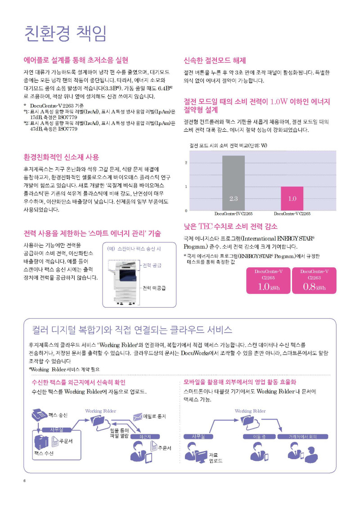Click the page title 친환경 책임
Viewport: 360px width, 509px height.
pyautogui.click(x=65, y=33)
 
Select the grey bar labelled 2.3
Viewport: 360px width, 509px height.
pyautogui.click(x=233, y=183)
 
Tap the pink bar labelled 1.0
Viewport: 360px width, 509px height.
pyautogui.click(x=292, y=198)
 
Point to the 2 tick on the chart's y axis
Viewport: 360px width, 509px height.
pyautogui.click(x=186, y=163)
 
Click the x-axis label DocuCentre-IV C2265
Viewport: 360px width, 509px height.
pyautogui.click(x=233, y=214)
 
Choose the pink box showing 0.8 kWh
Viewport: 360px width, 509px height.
pyautogui.click(x=314, y=281)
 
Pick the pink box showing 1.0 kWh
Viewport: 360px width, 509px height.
pyautogui.click(x=268, y=281)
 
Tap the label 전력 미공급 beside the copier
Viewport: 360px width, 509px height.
pyautogui.click(x=154, y=288)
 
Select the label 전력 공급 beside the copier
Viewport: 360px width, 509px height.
pyautogui.click(x=152, y=265)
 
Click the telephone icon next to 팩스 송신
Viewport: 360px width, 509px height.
pyautogui.click(x=39, y=415)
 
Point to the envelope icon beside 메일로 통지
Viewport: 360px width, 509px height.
pyautogui.click(x=137, y=416)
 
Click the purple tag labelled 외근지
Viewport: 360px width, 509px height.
pyautogui.click(x=145, y=437)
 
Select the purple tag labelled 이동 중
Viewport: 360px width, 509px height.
pyautogui.click(x=259, y=437)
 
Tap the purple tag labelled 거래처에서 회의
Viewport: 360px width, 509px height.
pyautogui.click(x=303, y=437)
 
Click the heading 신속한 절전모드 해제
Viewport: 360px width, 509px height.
pyautogui.click(x=215, y=60)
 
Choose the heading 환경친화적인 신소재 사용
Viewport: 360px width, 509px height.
pyautogui.click(x=61, y=157)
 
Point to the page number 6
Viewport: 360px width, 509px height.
pyautogui.click(x=25, y=481)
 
